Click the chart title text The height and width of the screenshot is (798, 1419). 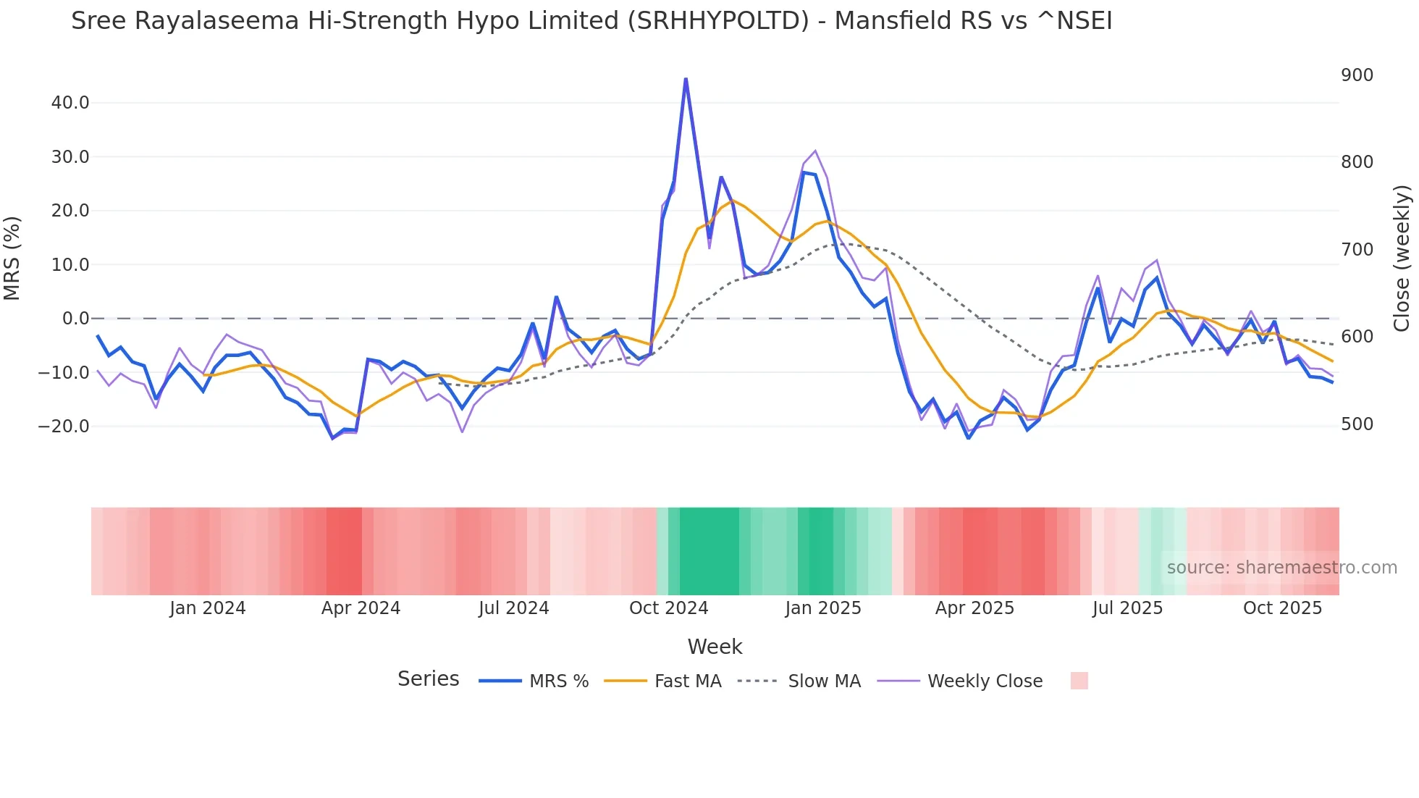(591, 21)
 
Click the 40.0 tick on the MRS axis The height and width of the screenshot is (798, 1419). (70, 103)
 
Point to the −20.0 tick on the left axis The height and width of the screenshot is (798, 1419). (64, 427)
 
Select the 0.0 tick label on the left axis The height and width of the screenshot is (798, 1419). (75, 319)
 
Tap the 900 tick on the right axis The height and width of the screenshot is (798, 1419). (1357, 75)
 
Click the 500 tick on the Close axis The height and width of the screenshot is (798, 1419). (1357, 424)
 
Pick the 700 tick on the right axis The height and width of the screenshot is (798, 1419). (1357, 250)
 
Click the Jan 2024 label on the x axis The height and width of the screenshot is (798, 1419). (208, 608)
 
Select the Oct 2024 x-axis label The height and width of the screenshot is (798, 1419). (668, 608)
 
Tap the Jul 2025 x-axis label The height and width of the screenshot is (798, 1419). (1127, 608)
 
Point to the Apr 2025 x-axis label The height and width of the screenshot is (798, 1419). (974, 608)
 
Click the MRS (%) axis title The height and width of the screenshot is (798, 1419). (12, 258)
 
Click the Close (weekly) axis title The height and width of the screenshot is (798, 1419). (1402, 258)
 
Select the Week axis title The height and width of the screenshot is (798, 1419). (715, 647)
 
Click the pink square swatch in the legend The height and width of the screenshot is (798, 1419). (1079, 681)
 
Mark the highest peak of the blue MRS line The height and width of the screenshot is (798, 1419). (686, 79)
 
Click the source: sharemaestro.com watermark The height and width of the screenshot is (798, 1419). (1281, 568)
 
